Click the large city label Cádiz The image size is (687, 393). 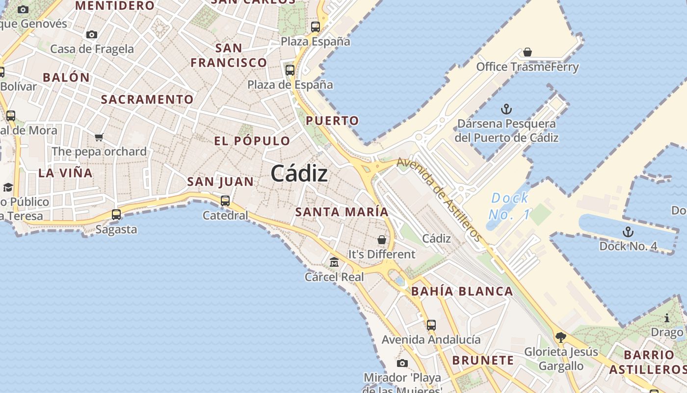coord(299,173)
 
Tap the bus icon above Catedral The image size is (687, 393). coord(225,200)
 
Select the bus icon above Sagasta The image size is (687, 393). coord(116,214)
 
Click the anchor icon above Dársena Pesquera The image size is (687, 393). coord(506,109)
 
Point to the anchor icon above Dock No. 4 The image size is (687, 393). coord(628,231)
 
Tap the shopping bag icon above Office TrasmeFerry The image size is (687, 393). coord(528,52)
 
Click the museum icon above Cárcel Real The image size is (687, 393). coord(334,262)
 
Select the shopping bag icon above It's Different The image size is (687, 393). coord(382,240)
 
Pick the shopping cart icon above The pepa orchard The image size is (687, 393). coord(99,137)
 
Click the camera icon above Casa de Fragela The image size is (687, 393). coord(92,34)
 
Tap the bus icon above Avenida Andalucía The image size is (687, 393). coord(431,325)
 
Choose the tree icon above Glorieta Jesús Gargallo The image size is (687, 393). coord(561,337)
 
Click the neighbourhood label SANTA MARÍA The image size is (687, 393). coord(342,212)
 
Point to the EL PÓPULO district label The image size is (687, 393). coord(252,141)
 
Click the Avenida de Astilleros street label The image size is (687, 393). coord(439,199)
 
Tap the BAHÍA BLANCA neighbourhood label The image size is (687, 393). coord(462,291)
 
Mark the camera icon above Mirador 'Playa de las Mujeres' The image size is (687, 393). coord(402,363)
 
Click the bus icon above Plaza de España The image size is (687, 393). coord(290,70)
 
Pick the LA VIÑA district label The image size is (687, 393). coord(65,173)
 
